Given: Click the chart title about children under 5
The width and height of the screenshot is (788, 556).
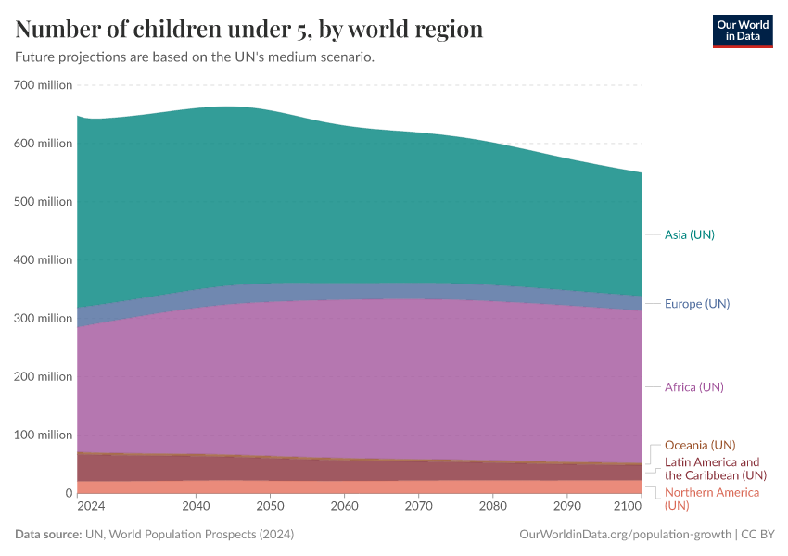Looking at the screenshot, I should tap(249, 30).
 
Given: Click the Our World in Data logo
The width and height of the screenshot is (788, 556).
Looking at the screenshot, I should tap(742, 31).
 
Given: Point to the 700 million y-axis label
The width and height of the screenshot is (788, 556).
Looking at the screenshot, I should tap(44, 85).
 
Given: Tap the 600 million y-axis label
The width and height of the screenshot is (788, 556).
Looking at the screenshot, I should tap(44, 144).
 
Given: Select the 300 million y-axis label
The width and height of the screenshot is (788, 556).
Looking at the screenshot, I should tap(44, 318).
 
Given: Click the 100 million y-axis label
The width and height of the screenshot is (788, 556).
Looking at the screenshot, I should tap(44, 435).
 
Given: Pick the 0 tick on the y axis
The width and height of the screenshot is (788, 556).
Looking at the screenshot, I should tap(68, 493).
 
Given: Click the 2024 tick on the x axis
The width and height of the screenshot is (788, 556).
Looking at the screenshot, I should tap(91, 507).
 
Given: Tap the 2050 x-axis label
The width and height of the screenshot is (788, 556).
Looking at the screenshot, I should tap(270, 507).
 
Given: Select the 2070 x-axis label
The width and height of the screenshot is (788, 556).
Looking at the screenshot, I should tap(418, 507).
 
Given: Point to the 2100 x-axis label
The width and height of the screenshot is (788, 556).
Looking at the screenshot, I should tap(628, 507).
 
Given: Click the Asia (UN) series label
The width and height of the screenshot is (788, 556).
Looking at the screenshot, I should tap(689, 234).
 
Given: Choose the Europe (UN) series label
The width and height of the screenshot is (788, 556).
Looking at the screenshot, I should tap(696, 304).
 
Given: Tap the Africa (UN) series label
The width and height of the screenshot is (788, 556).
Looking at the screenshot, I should tap(693, 386).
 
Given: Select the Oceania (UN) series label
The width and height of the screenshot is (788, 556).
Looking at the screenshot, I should tap(700, 445).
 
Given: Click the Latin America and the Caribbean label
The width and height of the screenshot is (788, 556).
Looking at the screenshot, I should tap(712, 468).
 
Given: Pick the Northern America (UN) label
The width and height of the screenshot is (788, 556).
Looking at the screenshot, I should tap(711, 499).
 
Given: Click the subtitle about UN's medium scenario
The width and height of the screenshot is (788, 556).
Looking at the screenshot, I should tap(195, 57).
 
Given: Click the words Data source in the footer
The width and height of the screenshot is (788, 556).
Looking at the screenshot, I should tap(47, 535).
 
